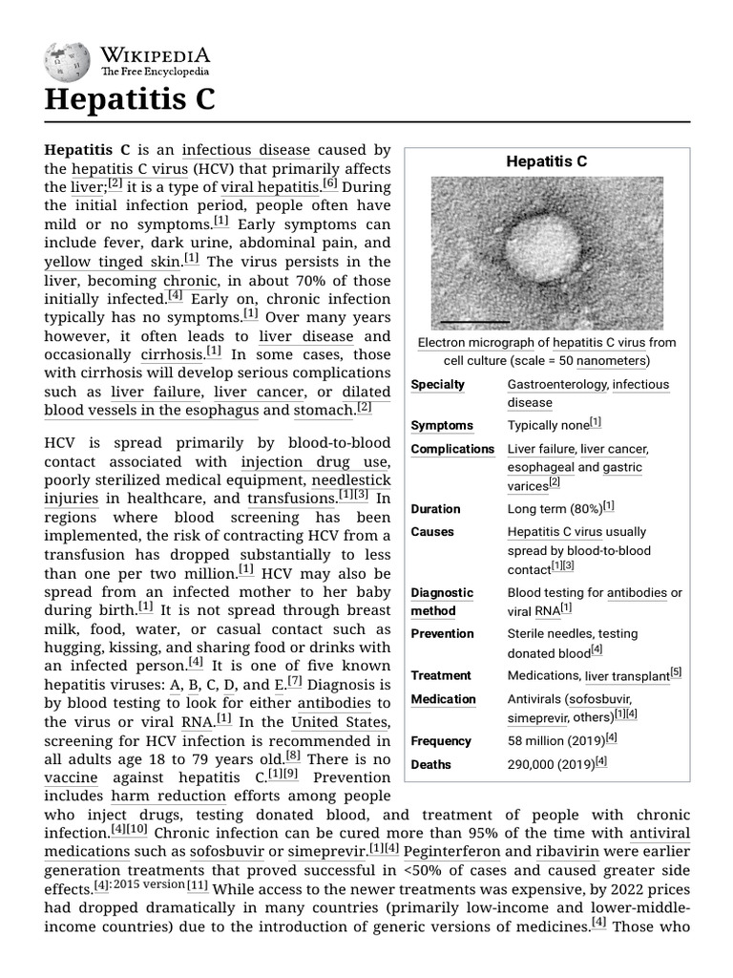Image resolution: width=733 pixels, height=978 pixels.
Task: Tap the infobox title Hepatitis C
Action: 546,161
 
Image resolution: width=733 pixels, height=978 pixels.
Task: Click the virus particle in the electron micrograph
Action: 541,251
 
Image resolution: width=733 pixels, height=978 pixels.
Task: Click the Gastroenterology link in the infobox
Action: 556,384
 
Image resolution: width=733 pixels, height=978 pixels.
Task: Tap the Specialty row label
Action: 437,384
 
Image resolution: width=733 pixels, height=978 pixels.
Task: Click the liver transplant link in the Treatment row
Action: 627,676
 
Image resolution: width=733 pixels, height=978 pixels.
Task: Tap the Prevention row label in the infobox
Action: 442,633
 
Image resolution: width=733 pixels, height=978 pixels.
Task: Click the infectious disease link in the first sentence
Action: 246,150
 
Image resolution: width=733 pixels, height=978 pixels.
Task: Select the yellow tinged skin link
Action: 112,261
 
